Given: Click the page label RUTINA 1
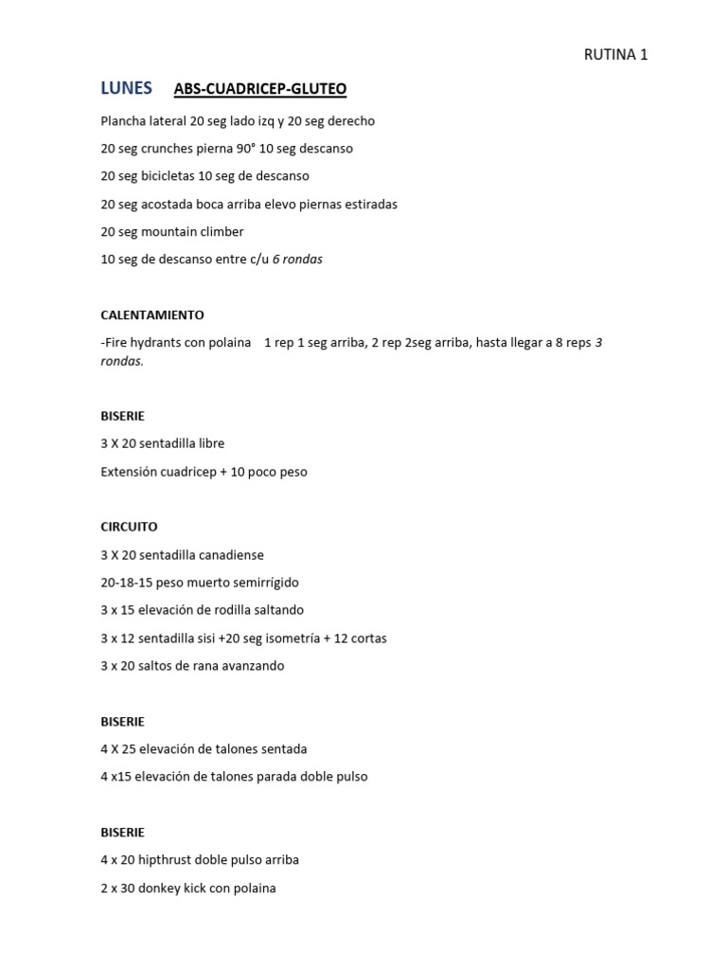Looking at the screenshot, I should pyautogui.click(x=615, y=55).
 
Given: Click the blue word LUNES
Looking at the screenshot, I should pyautogui.click(x=126, y=88).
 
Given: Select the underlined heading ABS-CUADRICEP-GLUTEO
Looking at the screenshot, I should pyautogui.click(x=260, y=89).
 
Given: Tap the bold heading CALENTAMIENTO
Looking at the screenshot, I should pyautogui.click(x=152, y=314).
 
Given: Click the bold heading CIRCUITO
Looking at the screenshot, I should pyautogui.click(x=129, y=527).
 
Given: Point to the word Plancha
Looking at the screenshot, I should pyautogui.click(x=123, y=121).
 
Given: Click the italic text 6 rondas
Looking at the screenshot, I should pyautogui.click(x=297, y=260).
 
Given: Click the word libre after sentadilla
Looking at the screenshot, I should pyautogui.click(x=208, y=443).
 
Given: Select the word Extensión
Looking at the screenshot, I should pyautogui.click(x=129, y=472).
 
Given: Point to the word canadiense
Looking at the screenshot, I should pyautogui.click(x=230, y=555).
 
